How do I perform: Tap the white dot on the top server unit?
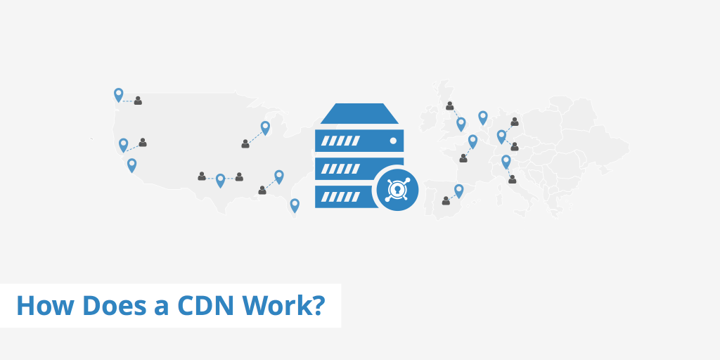click(393, 141)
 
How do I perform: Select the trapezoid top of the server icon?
click(359, 113)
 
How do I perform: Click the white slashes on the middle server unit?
click(340, 167)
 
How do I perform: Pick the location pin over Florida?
click(295, 205)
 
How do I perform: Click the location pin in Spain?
click(459, 190)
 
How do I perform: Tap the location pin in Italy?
click(506, 161)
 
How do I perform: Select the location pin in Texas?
click(220, 179)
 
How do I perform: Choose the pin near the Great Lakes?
click(265, 127)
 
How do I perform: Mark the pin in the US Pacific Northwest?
click(118, 94)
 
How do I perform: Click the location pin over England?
click(461, 123)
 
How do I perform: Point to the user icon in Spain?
click(446, 201)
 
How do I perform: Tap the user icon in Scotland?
click(449, 106)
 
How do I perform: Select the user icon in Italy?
click(512, 179)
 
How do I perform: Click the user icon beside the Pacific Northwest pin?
click(138, 101)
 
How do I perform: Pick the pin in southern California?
click(131, 165)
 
